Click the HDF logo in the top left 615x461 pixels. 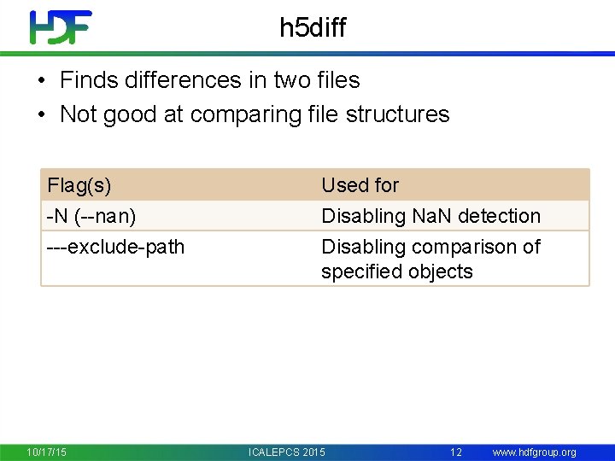point(61,27)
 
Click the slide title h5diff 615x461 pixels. point(313,28)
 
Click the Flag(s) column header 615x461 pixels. point(79,185)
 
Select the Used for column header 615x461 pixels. point(360,185)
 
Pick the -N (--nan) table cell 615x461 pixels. point(91,216)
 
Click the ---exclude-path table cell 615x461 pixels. point(115,247)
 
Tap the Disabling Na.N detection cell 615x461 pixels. point(430,216)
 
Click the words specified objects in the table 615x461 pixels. point(396,271)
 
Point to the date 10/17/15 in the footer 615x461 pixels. point(46,452)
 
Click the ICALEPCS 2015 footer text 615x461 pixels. point(286,452)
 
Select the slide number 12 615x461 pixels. point(456,452)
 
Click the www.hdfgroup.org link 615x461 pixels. point(534,452)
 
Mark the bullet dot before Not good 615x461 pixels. point(41,115)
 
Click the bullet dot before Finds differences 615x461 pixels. point(41,81)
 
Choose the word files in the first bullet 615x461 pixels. point(338,80)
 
